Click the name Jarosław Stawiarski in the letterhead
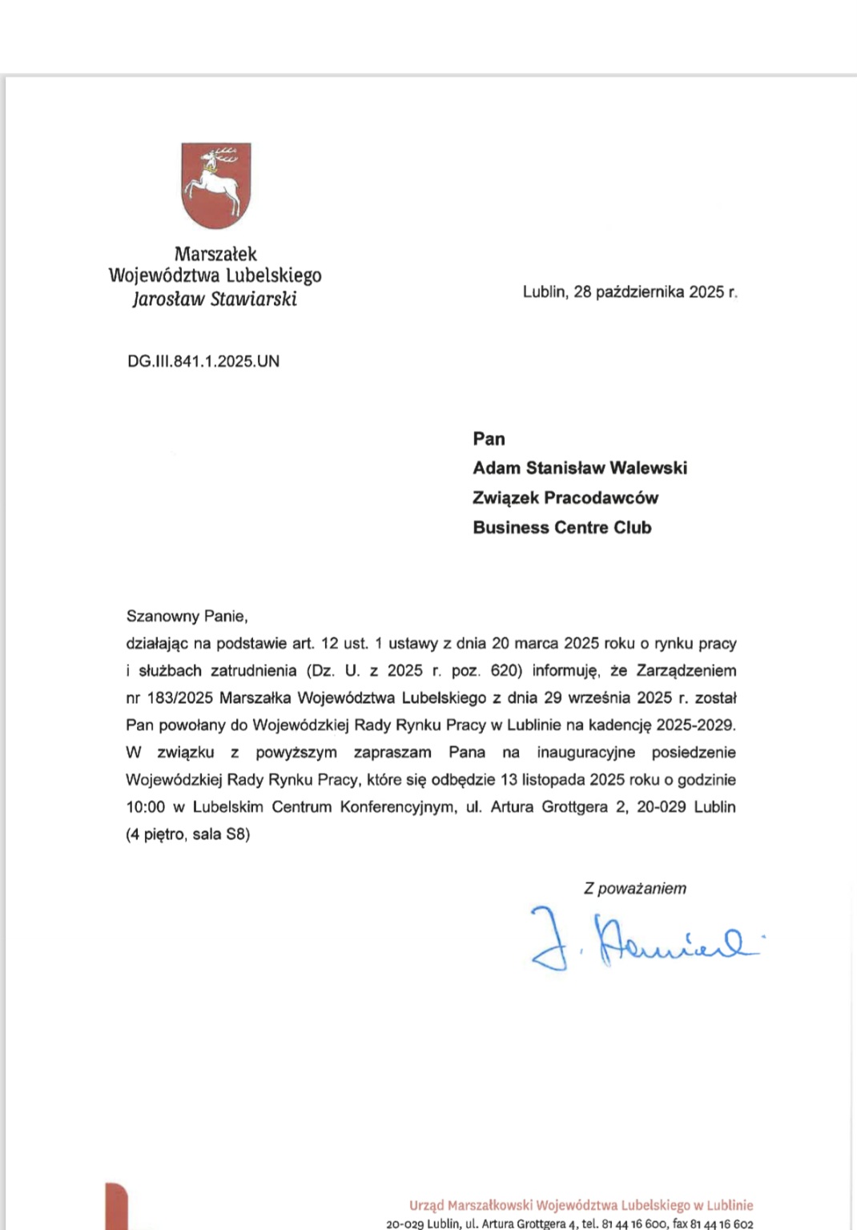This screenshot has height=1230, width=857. click(x=215, y=299)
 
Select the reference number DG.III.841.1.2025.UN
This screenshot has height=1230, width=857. click(x=203, y=361)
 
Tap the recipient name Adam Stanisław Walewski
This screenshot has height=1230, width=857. click(x=580, y=468)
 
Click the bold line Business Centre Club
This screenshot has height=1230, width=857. click(x=561, y=528)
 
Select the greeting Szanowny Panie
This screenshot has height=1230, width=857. click(x=187, y=617)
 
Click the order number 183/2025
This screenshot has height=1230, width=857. click(x=180, y=698)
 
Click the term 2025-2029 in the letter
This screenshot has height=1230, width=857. click(x=694, y=726)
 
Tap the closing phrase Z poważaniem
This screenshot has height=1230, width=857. click(x=635, y=888)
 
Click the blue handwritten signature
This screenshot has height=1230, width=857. click(x=641, y=942)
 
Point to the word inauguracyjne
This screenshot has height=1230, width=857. click(x=585, y=753)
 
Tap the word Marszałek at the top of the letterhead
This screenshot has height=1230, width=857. click(x=215, y=255)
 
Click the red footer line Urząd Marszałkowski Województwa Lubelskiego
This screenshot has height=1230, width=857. click(x=581, y=1205)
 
